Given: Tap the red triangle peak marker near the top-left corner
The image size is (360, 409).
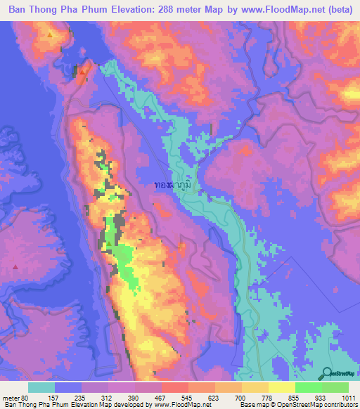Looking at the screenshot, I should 49,34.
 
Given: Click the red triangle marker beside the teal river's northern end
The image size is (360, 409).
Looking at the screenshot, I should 82,70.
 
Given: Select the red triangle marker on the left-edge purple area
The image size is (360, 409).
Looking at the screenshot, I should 15,267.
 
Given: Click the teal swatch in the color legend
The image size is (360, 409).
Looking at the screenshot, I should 41,387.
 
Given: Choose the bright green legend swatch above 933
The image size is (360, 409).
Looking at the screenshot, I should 309,387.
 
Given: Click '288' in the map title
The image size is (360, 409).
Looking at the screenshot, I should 177,11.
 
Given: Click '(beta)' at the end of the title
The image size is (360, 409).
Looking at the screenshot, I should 336,11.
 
